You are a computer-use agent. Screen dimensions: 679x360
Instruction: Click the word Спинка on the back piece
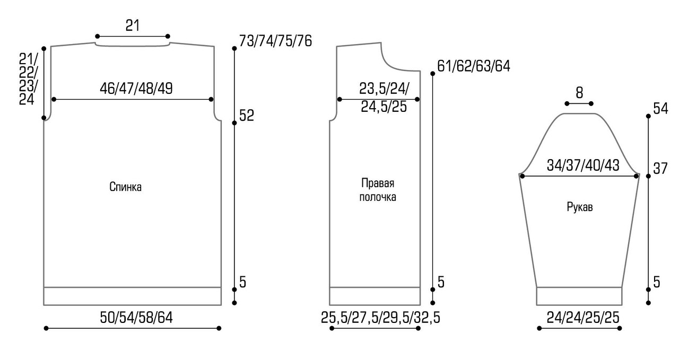pos(125,187)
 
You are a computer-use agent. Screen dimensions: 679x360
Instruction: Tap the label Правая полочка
pos(378,190)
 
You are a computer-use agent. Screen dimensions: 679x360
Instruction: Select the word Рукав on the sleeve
pos(580,207)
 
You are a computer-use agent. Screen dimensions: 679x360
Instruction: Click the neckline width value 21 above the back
pos(133,25)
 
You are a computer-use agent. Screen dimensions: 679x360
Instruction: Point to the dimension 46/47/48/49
pos(136,88)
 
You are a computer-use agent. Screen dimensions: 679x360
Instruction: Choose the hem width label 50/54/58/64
pos(136,318)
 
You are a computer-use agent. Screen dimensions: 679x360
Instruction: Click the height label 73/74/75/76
pos(275,41)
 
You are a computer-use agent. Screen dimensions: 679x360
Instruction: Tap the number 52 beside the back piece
pos(247,116)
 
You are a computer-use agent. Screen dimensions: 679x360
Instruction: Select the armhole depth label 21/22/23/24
pos(28,79)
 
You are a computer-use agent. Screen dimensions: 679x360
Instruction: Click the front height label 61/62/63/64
pos(474,66)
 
